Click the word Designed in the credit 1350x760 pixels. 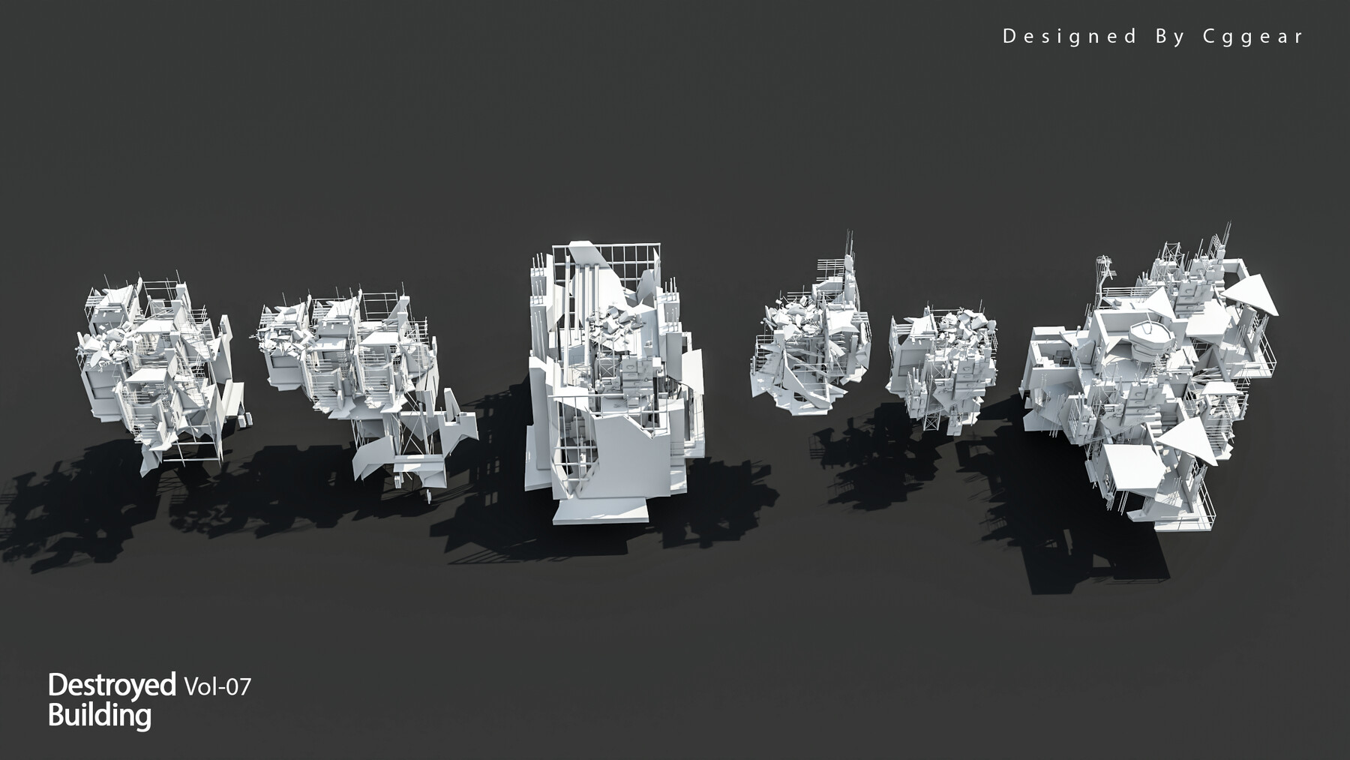click(1069, 36)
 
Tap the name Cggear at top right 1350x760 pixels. click(1253, 36)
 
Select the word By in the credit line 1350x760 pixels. click(1169, 36)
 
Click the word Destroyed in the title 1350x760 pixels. click(111, 684)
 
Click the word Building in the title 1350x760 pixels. click(99, 715)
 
